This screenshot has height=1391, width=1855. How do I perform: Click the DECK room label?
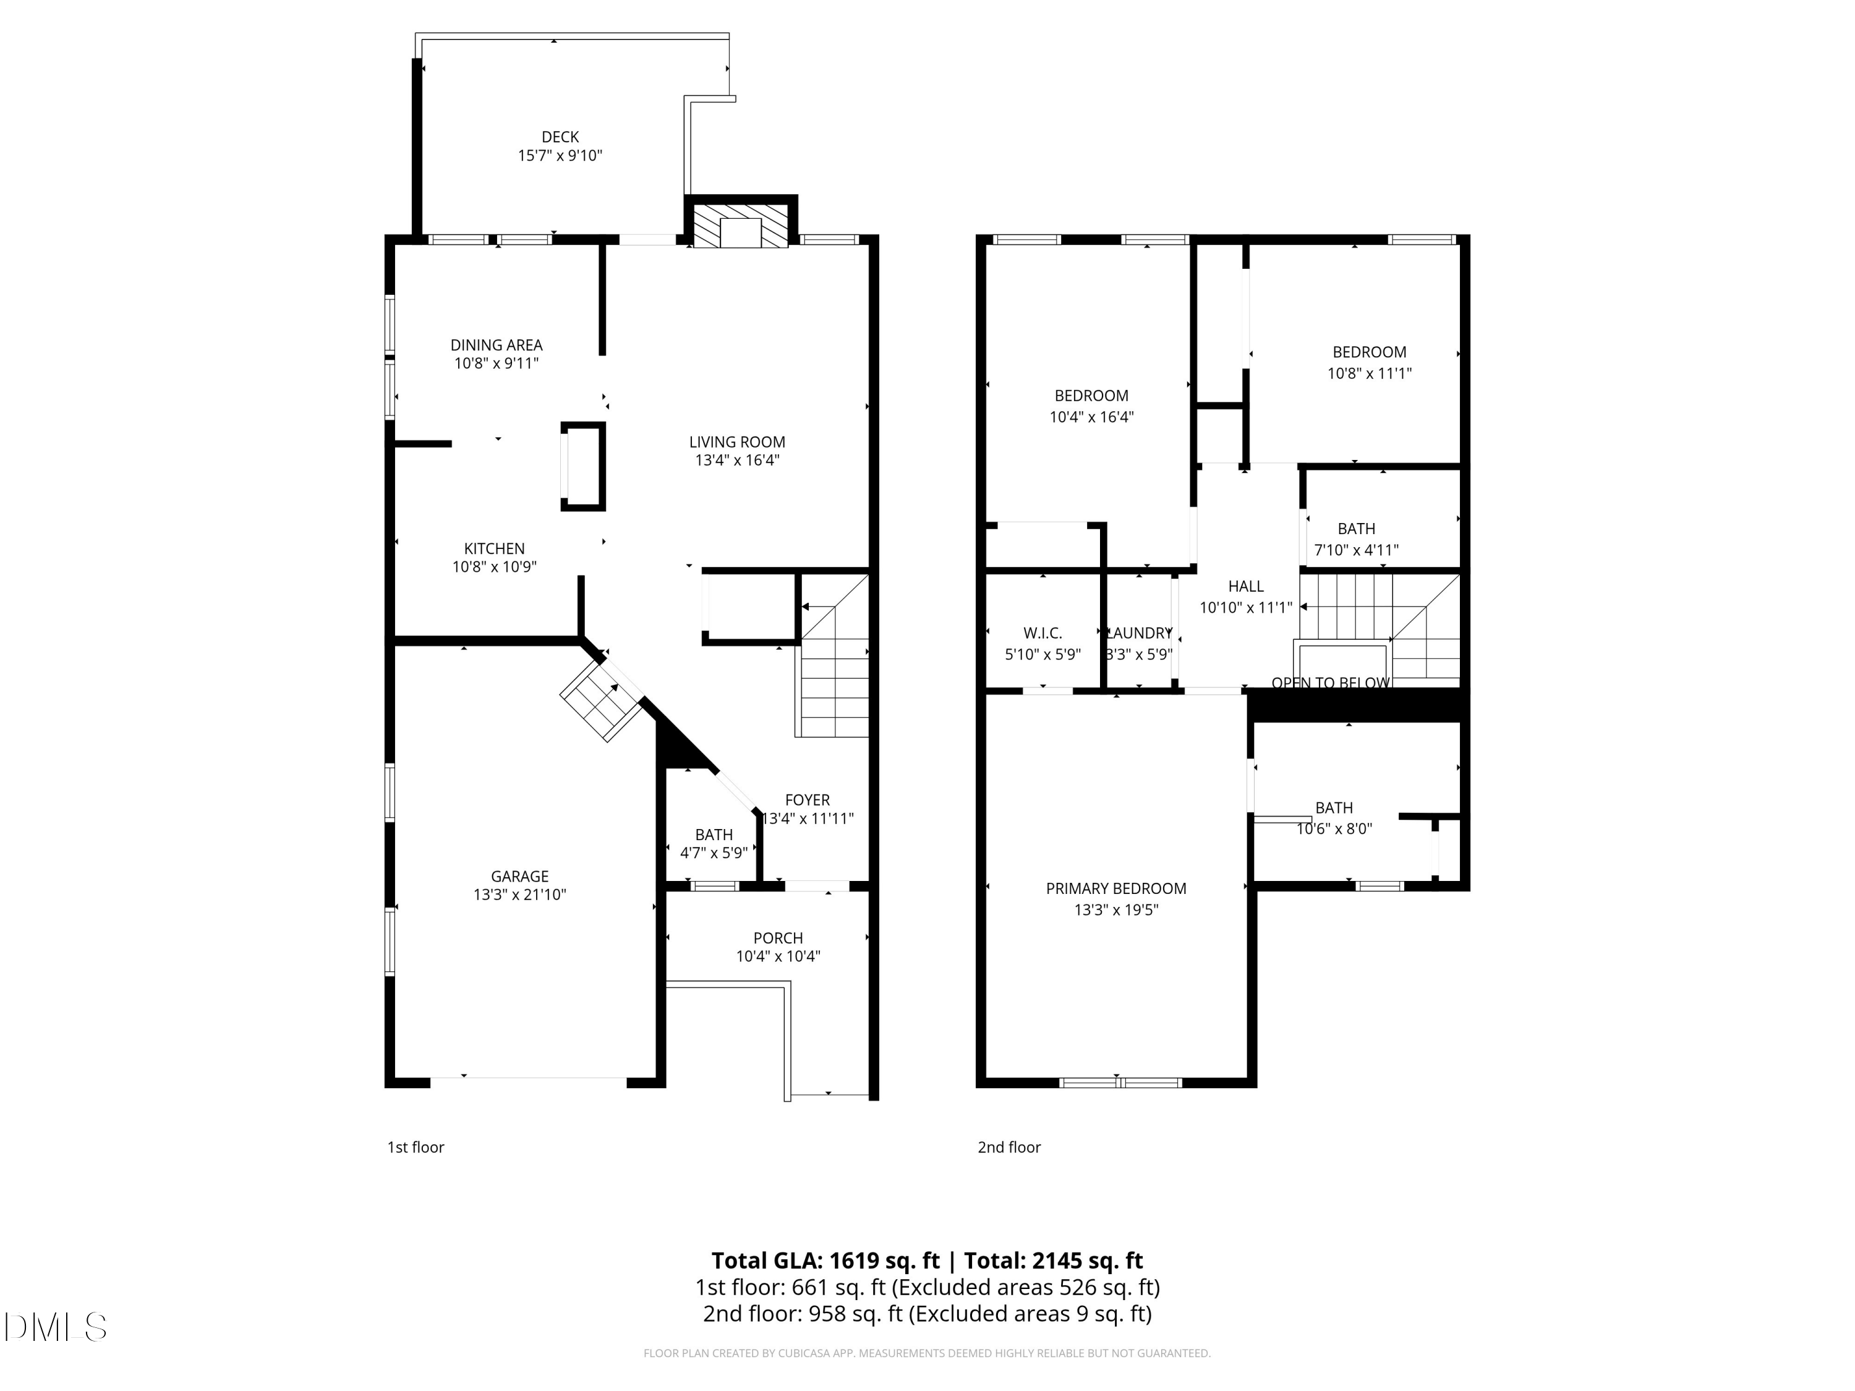(560, 137)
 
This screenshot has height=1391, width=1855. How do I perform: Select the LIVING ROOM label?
(736, 442)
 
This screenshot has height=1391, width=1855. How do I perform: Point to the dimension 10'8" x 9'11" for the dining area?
(496, 363)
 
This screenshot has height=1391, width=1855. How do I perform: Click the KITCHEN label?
(494, 548)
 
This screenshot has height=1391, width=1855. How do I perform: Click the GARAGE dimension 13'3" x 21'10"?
(519, 895)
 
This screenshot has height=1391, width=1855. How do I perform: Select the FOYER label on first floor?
(807, 800)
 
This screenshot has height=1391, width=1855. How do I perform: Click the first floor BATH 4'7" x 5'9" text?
(714, 853)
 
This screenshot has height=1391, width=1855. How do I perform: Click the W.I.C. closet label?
(1043, 633)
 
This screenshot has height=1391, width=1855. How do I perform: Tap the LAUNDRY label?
(1139, 633)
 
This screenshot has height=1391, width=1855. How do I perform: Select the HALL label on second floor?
(1245, 586)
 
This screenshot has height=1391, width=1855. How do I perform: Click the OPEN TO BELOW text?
(1330, 683)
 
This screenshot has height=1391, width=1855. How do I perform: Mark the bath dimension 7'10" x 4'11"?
(1356, 550)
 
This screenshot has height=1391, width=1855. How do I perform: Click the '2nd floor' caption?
(1009, 1147)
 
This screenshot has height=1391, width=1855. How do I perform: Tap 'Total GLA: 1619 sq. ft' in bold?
(825, 1260)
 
